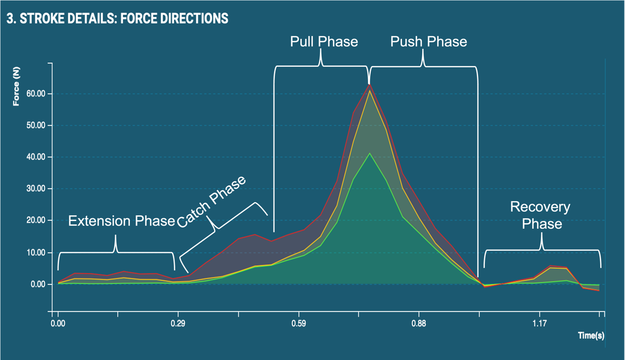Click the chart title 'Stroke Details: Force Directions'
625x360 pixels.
[117, 19]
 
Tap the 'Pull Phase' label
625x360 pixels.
[324, 42]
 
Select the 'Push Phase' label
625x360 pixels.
[428, 42]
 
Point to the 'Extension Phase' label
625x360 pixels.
[121, 221]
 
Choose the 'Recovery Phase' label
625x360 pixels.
[540, 215]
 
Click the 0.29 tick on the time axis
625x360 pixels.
[178, 324]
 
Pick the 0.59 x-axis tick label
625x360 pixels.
[299, 324]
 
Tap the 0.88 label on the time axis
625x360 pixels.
[419, 324]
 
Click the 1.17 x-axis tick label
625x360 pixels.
[540, 324]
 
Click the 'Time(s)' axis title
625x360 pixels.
[591, 336]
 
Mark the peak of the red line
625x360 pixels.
[369, 84]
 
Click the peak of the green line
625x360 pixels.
[369, 153]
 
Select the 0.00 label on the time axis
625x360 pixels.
[58, 324]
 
